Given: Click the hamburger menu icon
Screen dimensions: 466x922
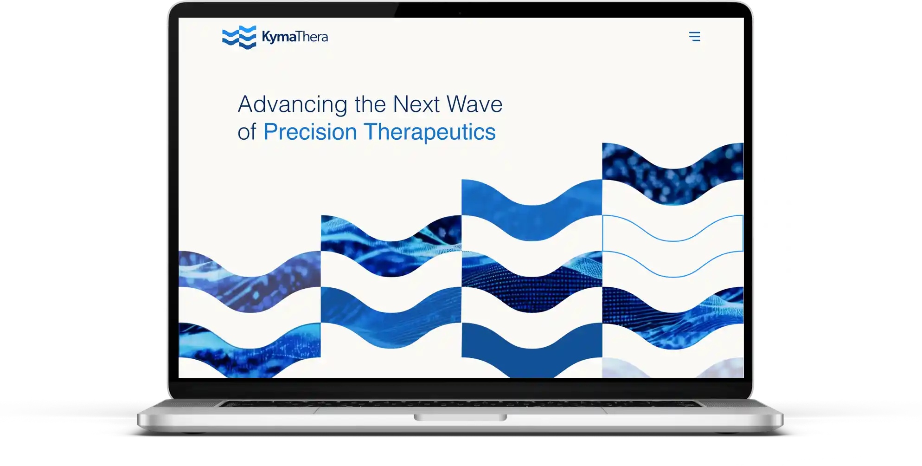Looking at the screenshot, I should point(694,37).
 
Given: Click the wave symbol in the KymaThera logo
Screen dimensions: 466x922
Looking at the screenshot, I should point(239,37).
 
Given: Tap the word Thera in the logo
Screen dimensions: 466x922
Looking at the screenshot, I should point(311,37).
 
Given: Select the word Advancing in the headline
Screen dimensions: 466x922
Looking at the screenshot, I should point(292,105).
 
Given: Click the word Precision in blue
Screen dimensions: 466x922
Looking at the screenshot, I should point(310,132).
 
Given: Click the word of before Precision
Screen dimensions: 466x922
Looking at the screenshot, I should point(247,132).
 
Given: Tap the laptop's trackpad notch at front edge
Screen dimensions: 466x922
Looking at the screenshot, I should point(460,417).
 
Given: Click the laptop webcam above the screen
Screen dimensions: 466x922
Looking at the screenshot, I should point(460,13).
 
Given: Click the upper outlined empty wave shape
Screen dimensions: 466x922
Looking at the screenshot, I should point(672,230).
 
